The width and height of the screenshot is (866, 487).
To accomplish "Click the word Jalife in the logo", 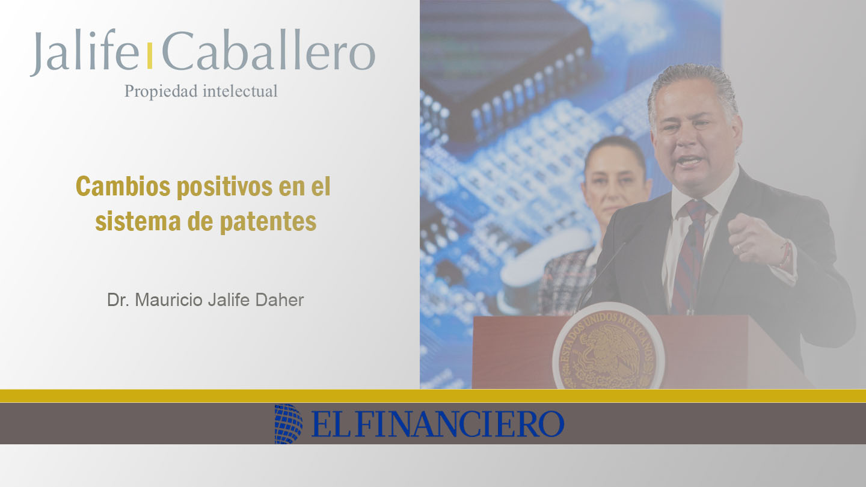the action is pyautogui.click(x=84, y=52).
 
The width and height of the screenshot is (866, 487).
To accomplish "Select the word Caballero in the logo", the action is pyautogui.click(x=269, y=51).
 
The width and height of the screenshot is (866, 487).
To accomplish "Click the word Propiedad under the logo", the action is pyautogui.click(x=162, y=91).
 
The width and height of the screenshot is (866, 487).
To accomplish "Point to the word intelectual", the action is pyautogui.click(x=240, y=91).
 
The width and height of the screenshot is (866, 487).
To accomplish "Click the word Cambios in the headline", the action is pyautogui.click(x=123, y=186).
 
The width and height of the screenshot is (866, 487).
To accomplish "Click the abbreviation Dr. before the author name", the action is pyautogui.click(x=118, y=300).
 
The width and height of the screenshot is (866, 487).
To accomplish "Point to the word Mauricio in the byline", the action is pyautogui.click(x=168, y=300).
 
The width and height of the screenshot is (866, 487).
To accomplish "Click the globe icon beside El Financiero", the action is pyautogui.click(x=289, y=424).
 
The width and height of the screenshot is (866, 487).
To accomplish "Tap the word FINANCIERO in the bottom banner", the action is pyautogui.click(x=459, y=424).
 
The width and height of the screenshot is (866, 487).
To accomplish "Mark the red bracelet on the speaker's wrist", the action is pyautogui.click(x=785, y=253).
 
